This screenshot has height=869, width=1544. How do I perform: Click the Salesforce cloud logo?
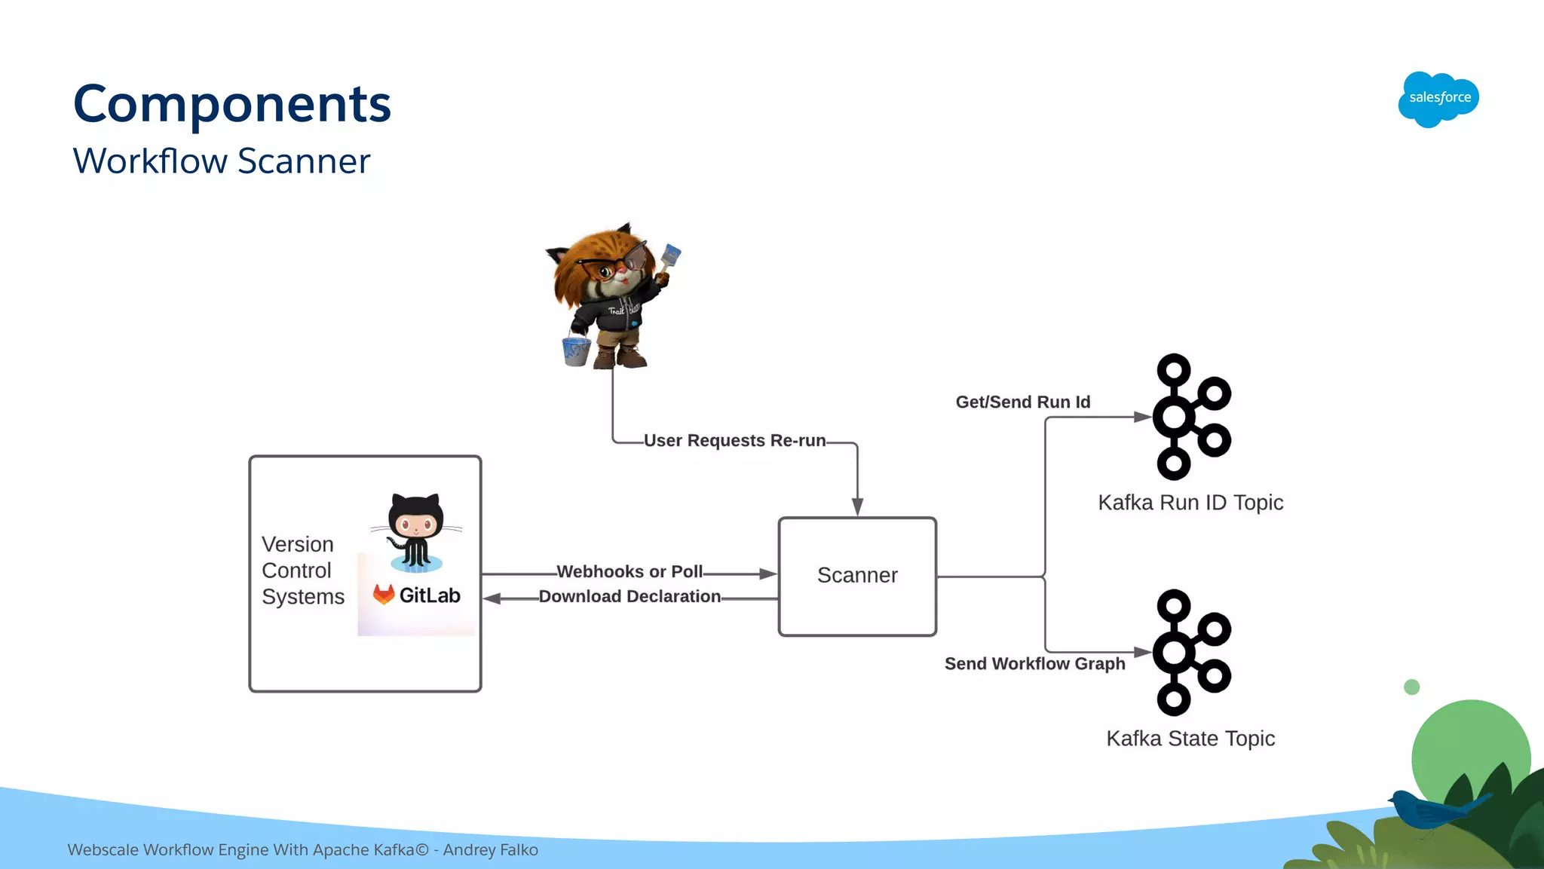pos(1438,99)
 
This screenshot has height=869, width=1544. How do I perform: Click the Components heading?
pos(232,104)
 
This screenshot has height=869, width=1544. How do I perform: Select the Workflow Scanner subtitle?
pos(222,161)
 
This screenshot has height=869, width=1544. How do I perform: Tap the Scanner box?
pos(857,576)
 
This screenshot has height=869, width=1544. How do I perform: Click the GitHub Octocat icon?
pos(416,532)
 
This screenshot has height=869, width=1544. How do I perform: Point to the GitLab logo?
pos(416,595)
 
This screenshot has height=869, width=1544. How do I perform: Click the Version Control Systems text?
pos(302,571)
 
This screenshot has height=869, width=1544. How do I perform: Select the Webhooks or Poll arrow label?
pos(630,571)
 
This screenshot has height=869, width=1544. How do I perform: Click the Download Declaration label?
pos(630,596)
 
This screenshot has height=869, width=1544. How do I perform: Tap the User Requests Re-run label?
pos(734,440)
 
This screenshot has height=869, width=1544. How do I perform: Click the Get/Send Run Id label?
pos(1022,402)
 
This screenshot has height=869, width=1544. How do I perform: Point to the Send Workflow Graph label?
pos(1034,663)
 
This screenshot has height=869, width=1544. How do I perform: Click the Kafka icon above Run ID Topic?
pos(1190,417)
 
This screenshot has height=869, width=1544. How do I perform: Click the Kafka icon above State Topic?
pos(1190,653)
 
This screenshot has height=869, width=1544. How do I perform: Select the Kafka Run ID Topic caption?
pos(1190,503)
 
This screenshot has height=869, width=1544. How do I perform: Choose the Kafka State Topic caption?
pos(1190,739)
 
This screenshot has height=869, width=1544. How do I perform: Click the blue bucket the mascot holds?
pos(577,351)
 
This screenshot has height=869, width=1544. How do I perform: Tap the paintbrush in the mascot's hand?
pos(669,258)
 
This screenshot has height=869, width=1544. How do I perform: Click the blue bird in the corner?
pos(1429,809)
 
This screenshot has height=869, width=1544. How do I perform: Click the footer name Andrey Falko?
pos(490,850)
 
